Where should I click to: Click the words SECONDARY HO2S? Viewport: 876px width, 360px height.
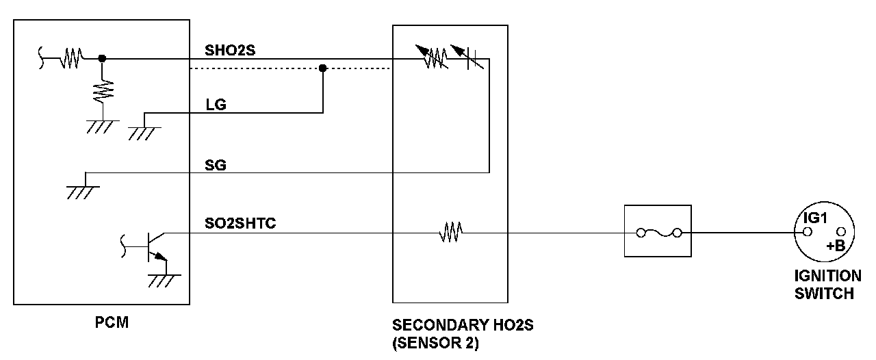point(463,326)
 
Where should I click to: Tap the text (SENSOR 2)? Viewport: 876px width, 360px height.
point(436,344)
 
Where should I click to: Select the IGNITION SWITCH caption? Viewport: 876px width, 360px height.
point(827,285)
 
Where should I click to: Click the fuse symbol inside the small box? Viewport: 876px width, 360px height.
point(658,233)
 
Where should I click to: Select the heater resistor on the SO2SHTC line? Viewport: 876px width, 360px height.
point(450,234)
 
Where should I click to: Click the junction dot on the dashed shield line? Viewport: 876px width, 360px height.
point(323,68)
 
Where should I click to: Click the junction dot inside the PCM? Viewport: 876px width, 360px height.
point(102,59)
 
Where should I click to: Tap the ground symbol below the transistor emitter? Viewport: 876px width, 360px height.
point(162,281)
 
